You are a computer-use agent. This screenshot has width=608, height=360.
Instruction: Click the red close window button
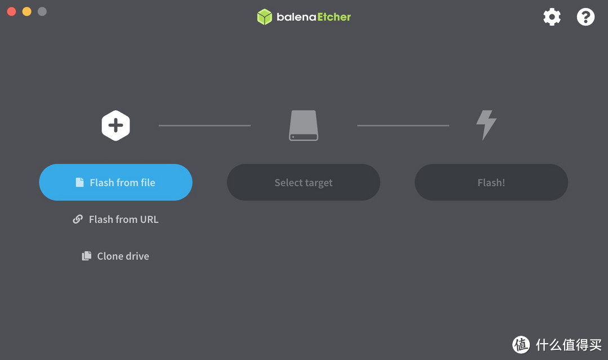coord(12,12)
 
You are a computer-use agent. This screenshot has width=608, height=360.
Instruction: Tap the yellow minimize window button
coord(27,12)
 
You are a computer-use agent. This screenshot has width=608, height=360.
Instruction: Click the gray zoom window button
coord(42,12)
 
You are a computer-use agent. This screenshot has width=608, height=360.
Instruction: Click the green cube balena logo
coord(265,17)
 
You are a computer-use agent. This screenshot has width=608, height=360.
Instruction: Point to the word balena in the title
coord(296,17)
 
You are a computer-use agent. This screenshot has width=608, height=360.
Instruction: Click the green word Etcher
coord(334,17)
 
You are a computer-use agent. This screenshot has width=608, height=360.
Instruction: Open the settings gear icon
coord(552,17)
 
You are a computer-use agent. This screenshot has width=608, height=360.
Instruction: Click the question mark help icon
coord(585,17)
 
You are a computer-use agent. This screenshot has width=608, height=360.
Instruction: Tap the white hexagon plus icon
coord(115,125)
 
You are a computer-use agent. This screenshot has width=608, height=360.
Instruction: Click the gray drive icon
coord(303,125)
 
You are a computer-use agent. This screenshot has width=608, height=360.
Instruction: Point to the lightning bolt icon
coord(486,125)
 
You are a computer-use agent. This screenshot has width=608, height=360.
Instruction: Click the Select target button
coord(303,182)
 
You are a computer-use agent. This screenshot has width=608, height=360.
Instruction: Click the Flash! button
coord(491,182)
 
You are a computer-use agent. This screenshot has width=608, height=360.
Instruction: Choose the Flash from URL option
coord(115,219)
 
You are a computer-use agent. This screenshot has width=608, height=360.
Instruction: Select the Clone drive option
coord(115,256)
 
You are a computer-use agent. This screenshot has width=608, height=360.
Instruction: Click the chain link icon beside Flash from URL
coord(78,219)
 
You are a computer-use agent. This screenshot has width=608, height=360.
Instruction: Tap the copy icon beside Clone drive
coord(87,256)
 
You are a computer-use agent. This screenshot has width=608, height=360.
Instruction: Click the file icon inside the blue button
coord(79,182)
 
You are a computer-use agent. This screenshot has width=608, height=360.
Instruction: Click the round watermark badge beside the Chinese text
coord(521,344)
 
